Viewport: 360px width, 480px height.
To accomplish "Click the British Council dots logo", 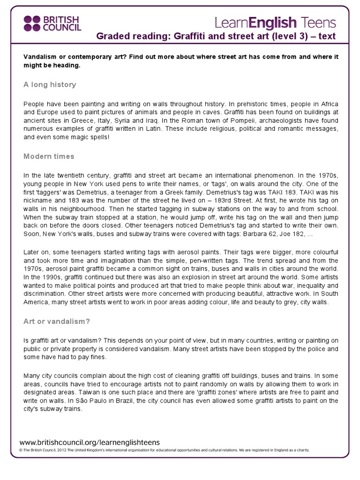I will [32, 22].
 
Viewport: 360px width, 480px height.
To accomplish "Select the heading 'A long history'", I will [50, 85].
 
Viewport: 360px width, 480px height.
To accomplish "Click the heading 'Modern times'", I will [49, 156].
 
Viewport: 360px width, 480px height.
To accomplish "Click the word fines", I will [99, 357].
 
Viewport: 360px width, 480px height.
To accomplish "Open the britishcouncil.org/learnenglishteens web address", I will [90, 442].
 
